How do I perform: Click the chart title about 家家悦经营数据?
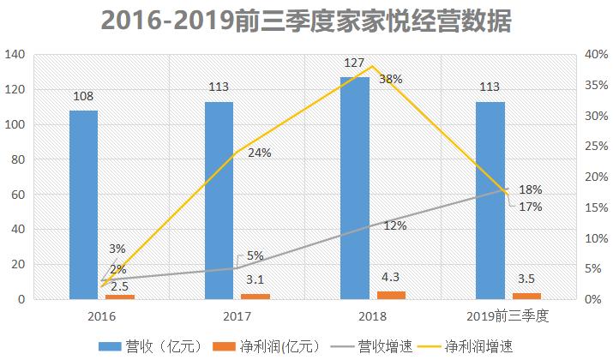click(306, 21)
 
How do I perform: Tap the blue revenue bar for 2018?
click(355, 188)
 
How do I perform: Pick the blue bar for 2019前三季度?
click(490, 200)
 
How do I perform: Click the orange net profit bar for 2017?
click(255, 297)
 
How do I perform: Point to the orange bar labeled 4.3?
click(390, 295)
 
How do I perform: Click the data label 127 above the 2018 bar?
click(355, 65)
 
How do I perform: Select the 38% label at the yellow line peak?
click(391, 79)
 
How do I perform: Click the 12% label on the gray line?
click(394, 225)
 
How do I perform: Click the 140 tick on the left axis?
click(15, 55)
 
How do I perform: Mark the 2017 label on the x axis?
click(237, 315)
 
